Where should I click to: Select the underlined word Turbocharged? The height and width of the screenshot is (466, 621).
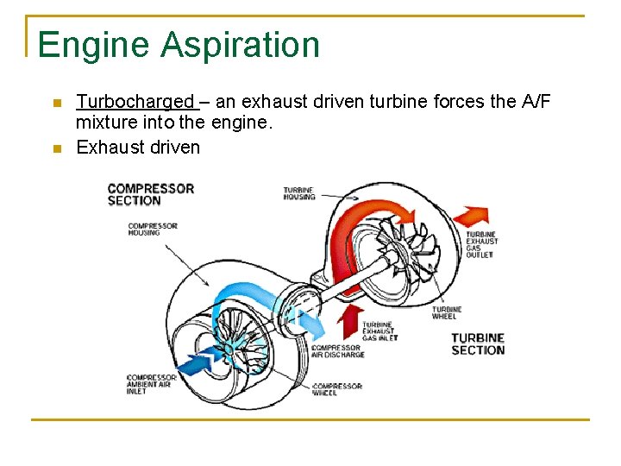pos(136,102)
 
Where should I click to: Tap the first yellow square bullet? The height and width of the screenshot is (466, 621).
pos(56,104)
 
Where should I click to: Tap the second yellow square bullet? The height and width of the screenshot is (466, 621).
pos(56,148)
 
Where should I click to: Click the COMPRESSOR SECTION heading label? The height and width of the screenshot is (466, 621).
pos(150,194)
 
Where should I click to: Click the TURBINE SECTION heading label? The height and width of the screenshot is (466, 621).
pos(478,343)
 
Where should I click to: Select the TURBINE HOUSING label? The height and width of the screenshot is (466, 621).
pos(299,192)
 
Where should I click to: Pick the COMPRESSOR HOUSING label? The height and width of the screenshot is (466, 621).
pos(152,230)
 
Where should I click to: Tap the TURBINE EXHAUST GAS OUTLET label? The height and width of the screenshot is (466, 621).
pos(481,244)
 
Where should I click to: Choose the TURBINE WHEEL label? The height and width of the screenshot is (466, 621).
pos(446,312)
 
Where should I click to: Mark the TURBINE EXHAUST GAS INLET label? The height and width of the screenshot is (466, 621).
pos(379,331)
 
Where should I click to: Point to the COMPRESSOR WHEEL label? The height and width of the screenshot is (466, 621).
pos(336,389)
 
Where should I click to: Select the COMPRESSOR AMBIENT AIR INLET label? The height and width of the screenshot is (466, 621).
pos(151,384)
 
